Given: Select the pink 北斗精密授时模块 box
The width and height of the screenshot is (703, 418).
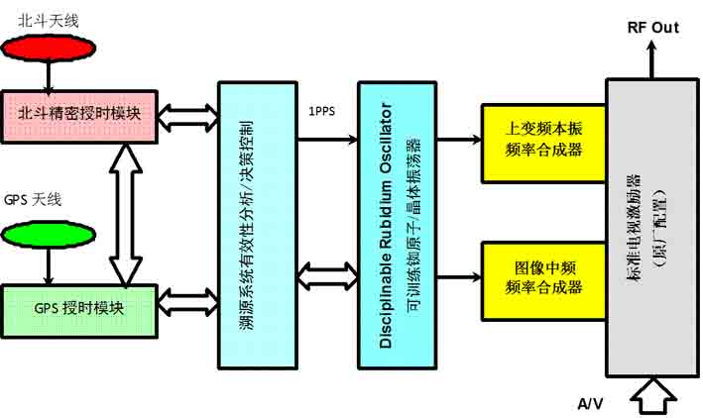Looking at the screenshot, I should coord(78,115).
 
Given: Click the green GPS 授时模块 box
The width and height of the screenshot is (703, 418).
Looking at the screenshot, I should coord(78,307).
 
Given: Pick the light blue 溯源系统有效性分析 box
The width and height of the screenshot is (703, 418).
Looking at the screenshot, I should coord(257,227).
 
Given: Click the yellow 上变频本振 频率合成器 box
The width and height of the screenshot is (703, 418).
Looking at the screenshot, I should coord(542,141).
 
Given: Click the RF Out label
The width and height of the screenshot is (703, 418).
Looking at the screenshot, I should coord(652,28).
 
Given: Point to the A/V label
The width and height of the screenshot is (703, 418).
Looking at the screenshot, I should coord(591,402).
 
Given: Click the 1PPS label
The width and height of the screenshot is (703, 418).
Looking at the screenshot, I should coord(323,111).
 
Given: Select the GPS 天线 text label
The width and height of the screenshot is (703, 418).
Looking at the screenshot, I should coord(34,200).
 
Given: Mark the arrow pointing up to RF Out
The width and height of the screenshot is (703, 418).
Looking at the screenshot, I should coord(652,61).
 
